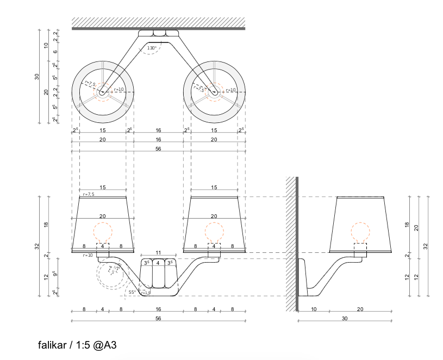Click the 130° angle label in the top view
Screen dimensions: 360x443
(152, 48)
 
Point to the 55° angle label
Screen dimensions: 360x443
(132, 292)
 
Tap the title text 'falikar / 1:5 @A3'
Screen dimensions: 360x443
(78, 345)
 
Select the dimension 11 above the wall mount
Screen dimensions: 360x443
(158, 253)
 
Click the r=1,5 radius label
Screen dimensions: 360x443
(145, 293)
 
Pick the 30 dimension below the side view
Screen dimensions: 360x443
(345, 319)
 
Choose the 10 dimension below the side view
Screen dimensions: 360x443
(314, 309)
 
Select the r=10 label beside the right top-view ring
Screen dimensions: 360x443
(230, 90)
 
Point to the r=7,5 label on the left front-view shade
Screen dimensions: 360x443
(89, 194)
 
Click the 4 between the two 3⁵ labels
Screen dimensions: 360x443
(158, 263)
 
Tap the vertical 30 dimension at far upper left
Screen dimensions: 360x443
(37, 76)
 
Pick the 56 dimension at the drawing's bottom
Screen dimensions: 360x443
(158, 319)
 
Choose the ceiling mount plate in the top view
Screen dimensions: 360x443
(158, 34)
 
